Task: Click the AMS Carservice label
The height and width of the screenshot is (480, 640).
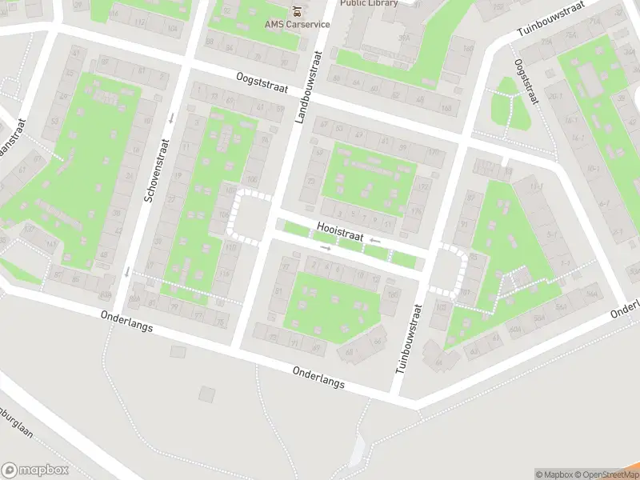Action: click(x=297, y=24)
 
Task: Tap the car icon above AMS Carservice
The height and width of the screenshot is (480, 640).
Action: click(x=297, y=11)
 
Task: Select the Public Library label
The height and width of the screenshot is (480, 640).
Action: click(x=370, y=3)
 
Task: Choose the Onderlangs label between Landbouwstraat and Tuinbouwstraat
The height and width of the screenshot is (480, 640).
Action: click(x=318, y=378)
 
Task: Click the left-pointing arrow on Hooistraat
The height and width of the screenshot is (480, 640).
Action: click(x=374, y=240)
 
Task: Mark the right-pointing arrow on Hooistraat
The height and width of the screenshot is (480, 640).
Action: click(x=325, y=248)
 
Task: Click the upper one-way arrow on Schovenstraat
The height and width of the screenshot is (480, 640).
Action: click(x=171, y=118)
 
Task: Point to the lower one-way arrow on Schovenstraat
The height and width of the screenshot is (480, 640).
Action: click(x=126, y=271)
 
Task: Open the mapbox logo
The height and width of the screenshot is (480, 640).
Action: click(x=34, y=470)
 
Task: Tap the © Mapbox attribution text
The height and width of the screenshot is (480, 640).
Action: click(x=551, y=474)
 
